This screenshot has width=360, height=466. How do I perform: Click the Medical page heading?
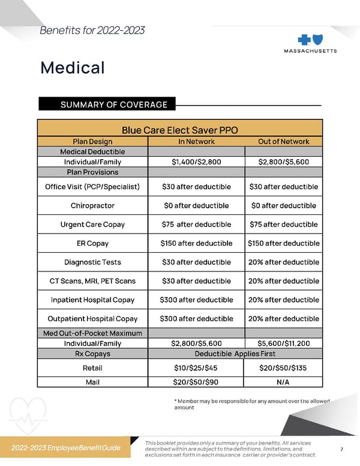tap(72, 67)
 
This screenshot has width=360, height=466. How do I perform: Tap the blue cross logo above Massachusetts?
tap(310, 37)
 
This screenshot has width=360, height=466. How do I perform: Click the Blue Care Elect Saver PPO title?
tap(180, 130)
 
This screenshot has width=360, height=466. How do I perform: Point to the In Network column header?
tap(196, 142)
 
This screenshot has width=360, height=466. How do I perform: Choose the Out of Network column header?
tap(283, 142)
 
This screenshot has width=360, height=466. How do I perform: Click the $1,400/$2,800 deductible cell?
tap(196, 162)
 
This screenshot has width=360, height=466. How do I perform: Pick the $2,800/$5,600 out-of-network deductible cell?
tap(283, 162)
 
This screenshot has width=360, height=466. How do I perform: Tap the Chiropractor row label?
tap(92, 205)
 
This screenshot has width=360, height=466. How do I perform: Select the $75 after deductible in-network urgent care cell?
tap(196, 225)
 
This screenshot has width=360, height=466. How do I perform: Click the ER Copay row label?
tap(92, 243)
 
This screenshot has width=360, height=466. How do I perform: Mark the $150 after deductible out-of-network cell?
tap(283, 243)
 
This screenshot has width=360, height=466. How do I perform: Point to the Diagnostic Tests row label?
tap(92, 262)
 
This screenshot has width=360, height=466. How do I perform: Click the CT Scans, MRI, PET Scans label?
tap(92, 281)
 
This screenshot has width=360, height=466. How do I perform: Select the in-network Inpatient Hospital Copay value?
tap(196, 300)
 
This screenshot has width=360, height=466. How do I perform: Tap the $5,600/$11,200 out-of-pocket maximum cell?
tap(283, 343)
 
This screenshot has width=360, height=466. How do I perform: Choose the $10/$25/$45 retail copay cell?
tap(196, 367)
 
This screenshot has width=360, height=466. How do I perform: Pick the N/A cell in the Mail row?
tap(283, 381)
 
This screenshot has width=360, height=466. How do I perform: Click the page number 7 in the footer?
tap(341, 449)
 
